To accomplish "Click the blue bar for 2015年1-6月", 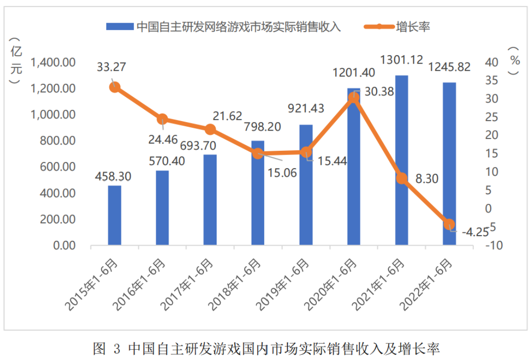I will tap(114, 215).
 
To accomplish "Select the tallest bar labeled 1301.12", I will tap(402, 160).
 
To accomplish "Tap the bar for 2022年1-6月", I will tap(449, 164).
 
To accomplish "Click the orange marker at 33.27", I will tap(114, 87).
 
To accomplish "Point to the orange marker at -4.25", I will tap(449, 224).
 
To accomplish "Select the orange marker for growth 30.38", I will tap(354, 98).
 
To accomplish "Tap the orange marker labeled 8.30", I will tap(402, 178).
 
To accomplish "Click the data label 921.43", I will tap(306, 108).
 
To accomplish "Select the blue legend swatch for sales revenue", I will tap(120, 27).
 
